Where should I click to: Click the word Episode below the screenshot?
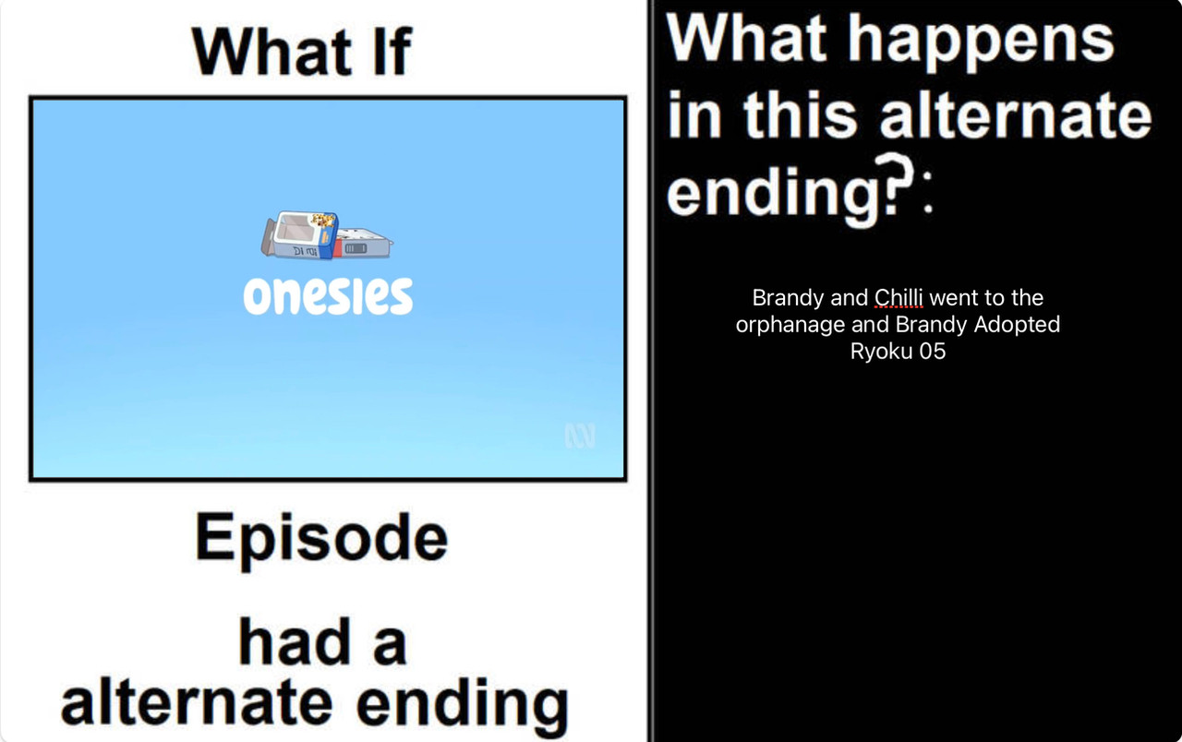click(321, 539)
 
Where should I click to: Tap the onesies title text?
click(328, 296)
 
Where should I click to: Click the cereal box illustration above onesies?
click(327, 235)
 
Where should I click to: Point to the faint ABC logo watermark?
click(580, 435)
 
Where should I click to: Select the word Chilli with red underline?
click(899, 297)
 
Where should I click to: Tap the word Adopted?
click(1017, 324)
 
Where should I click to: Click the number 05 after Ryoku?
click(933, 352)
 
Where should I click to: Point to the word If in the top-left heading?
click(392, 51)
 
